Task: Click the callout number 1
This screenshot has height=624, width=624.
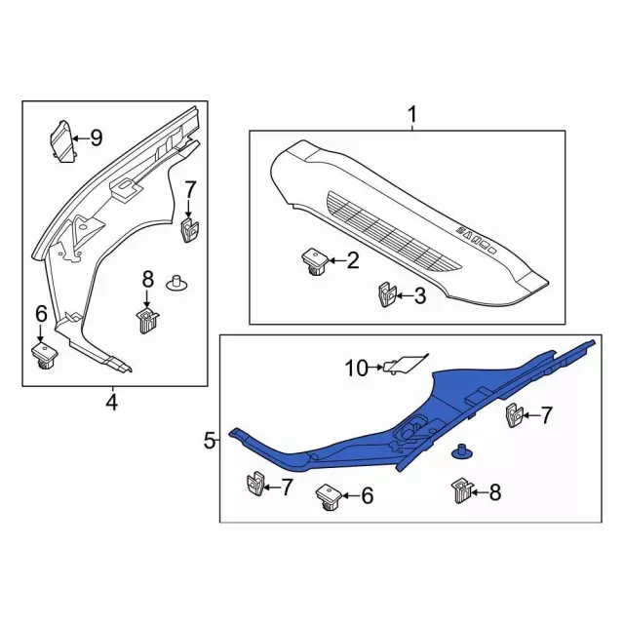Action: [412, 114]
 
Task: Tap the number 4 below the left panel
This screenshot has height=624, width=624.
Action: [112, 402]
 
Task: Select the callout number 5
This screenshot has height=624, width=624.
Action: [210, 441]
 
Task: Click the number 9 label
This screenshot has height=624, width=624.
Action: [96, 138]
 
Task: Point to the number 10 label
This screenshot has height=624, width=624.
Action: [357, 369]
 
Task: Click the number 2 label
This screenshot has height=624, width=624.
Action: [353, 260]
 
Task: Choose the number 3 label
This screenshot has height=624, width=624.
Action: [420, 296]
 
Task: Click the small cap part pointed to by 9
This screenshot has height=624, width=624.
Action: [62, 141]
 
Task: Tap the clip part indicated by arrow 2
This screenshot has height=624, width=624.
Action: [314, 262]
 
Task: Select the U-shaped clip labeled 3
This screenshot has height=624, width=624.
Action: [386, 294]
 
